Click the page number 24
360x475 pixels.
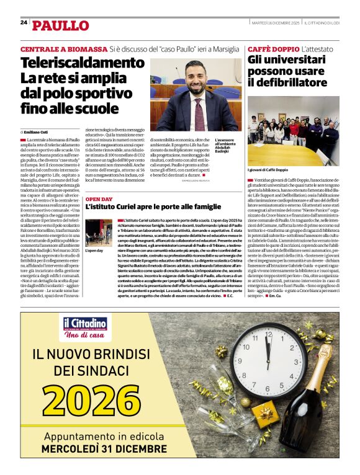point(24,22)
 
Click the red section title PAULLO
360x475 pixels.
point(60,25)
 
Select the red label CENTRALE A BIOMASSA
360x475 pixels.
point(63,48)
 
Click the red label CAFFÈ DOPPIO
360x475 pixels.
point(273,48)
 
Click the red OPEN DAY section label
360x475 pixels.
point(99,200)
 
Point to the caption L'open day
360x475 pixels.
point(95,251)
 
